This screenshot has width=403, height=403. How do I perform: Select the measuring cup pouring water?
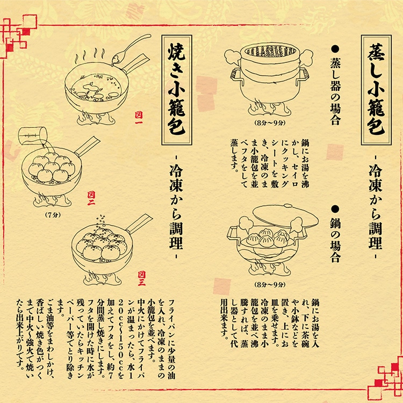point(32,139)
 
